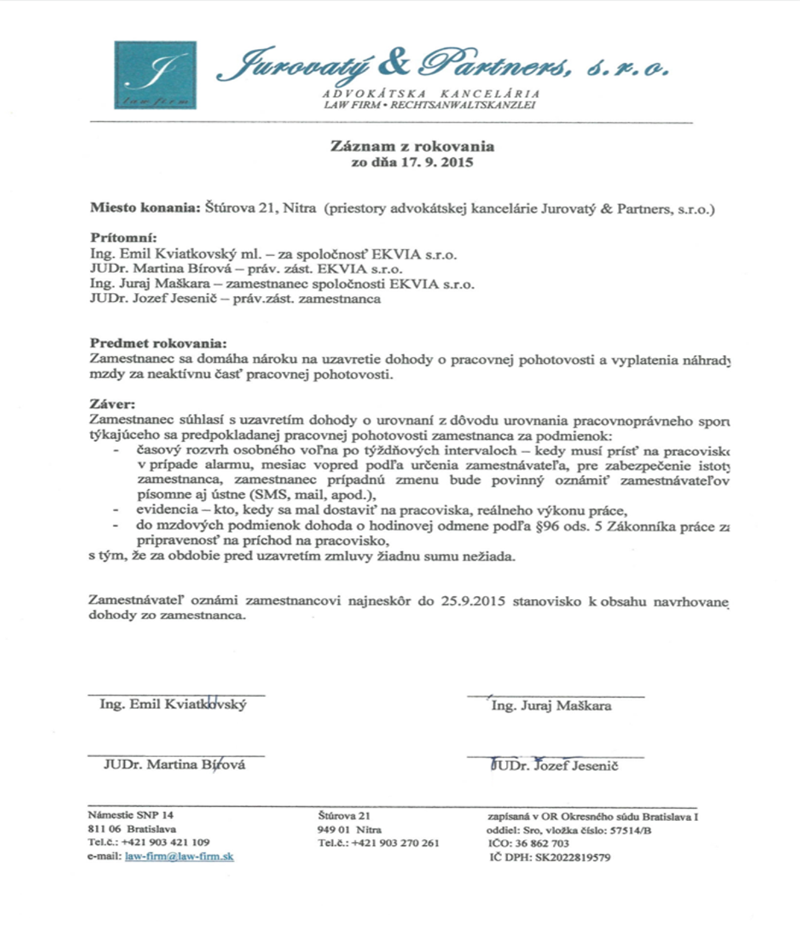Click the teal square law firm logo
(x=155, y=75)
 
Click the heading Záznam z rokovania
(x=412, y=146)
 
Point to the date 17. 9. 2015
(x=438, y=162)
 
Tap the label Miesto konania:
(x=145, y=208)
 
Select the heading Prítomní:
(x=124, y=237)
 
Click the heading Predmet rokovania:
(x=159, y=343)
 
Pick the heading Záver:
(x=113, y=404)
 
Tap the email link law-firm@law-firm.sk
(x=179, y=857)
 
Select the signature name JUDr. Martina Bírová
(x=174, y=765)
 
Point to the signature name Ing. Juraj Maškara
(x=551, y=705)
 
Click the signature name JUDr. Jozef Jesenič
(x=555, y=766)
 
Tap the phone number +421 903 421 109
(x=166, y=842)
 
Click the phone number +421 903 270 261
(x=395, y=843)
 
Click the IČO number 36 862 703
(x=542, y=843)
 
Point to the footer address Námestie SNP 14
(x=131, y=815)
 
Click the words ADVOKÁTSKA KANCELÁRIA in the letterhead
(x=431, y=94)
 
